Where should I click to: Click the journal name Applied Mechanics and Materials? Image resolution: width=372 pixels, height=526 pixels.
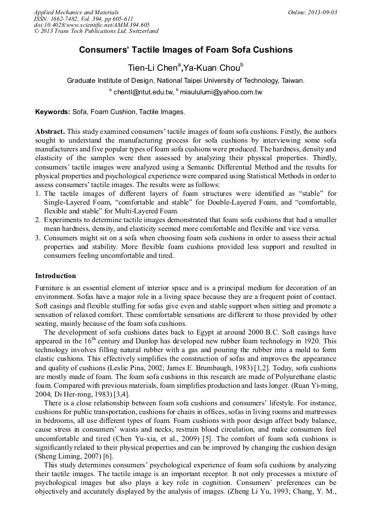tap(76, 12)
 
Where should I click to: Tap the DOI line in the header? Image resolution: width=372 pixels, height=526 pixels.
tap(92, 25)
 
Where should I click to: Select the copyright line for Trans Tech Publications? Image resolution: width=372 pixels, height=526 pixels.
tap(96, 31)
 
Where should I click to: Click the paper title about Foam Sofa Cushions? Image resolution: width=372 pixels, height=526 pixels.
tap(185, 50)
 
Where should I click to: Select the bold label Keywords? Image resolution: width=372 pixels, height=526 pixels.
tap(53, 112)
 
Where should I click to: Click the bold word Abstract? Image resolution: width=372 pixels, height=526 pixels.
tap(50, 132)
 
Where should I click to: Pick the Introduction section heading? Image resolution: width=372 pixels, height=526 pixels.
tap(55, 275)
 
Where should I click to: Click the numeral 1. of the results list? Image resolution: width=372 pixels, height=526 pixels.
tap(38, 194)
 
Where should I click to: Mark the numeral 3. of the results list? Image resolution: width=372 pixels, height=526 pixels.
tap(38, 238)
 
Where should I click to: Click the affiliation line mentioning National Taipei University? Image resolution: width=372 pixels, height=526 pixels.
tap(185, 80)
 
